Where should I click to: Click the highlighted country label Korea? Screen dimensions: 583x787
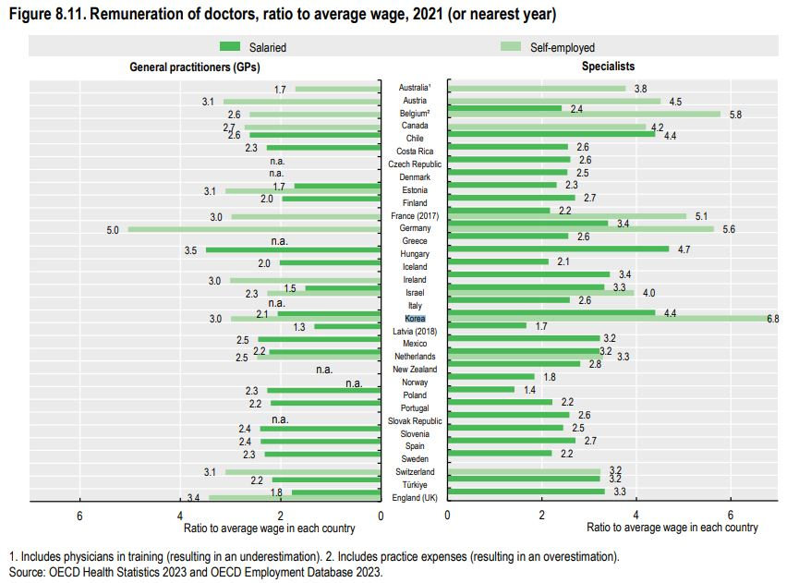[x=415, y=318]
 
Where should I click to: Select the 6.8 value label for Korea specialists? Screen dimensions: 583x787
[x=772, y=319]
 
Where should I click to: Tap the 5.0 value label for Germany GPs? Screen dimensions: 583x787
[x=113, y=230]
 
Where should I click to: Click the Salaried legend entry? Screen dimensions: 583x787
[x=258, y=47]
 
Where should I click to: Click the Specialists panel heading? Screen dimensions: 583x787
[x=608, y=67]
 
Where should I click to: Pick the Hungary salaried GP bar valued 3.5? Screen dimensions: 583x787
[x=293, y=249]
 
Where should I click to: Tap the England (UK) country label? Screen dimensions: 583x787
[x=415, y=497]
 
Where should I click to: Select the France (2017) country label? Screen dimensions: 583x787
[x=415, y=215]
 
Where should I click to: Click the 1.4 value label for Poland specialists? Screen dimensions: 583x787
[x=529, y=390]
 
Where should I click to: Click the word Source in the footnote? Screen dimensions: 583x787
[x=25, y=572]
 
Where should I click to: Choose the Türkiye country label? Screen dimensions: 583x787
[x=415, y=484]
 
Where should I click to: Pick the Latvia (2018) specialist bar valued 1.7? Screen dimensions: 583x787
[x=487, y=325]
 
